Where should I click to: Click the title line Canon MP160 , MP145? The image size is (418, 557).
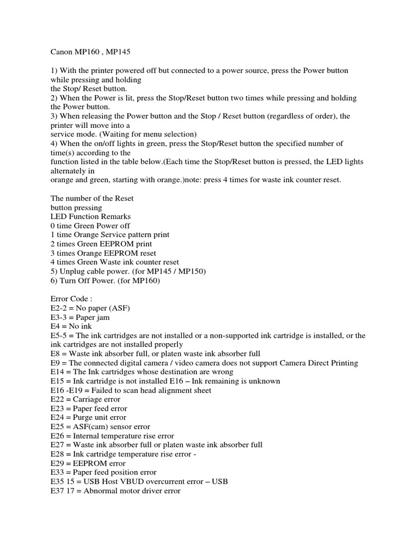click(x=87, y=52)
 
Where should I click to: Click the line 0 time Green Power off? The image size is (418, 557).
click(x=90, y=226)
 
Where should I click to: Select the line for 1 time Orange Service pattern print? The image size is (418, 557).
click(x=109, y=235)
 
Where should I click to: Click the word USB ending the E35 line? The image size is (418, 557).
click(x=220, y=481)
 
